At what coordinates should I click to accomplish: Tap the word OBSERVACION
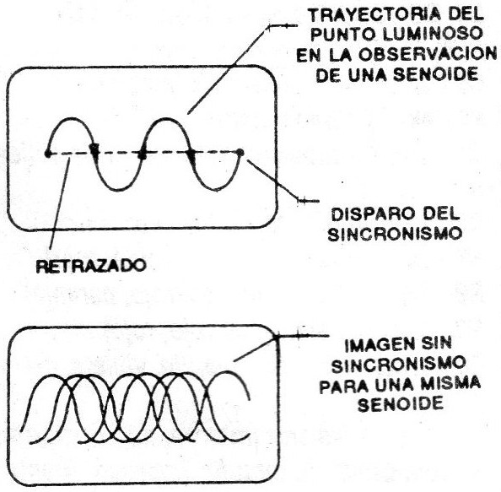[427, 55]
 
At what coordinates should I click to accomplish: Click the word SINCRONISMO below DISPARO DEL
[395, 234]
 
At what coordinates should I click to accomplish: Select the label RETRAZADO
[90, 266]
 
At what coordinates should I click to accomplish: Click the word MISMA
[450, 383]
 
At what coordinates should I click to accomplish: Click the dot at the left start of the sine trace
[47, 154]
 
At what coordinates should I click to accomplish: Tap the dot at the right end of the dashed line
[240, 153]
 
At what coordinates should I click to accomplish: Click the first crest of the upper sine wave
[71, 119]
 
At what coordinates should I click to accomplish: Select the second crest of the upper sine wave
[166, 119]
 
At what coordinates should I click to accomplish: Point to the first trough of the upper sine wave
[117, 190]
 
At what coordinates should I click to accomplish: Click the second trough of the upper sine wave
[215, 190]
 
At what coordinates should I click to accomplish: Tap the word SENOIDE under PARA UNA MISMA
[401, 403]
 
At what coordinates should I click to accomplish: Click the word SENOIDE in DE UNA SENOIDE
[435, 75]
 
